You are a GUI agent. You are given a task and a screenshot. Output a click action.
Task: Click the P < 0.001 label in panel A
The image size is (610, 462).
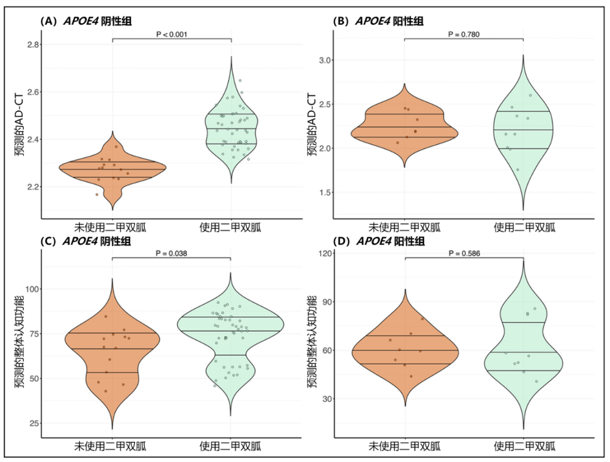tap(172, 34)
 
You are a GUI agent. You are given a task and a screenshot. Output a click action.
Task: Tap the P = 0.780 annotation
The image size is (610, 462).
tap(464, 34)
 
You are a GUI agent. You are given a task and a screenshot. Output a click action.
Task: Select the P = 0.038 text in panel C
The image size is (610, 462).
tap(172, 253)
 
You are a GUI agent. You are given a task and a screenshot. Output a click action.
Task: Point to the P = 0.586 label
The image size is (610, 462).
tap(464, 254)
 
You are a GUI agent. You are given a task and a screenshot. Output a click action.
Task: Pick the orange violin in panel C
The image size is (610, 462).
tap(113, 350)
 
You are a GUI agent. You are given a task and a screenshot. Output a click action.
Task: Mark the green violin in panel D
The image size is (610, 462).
tap(523, 350)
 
